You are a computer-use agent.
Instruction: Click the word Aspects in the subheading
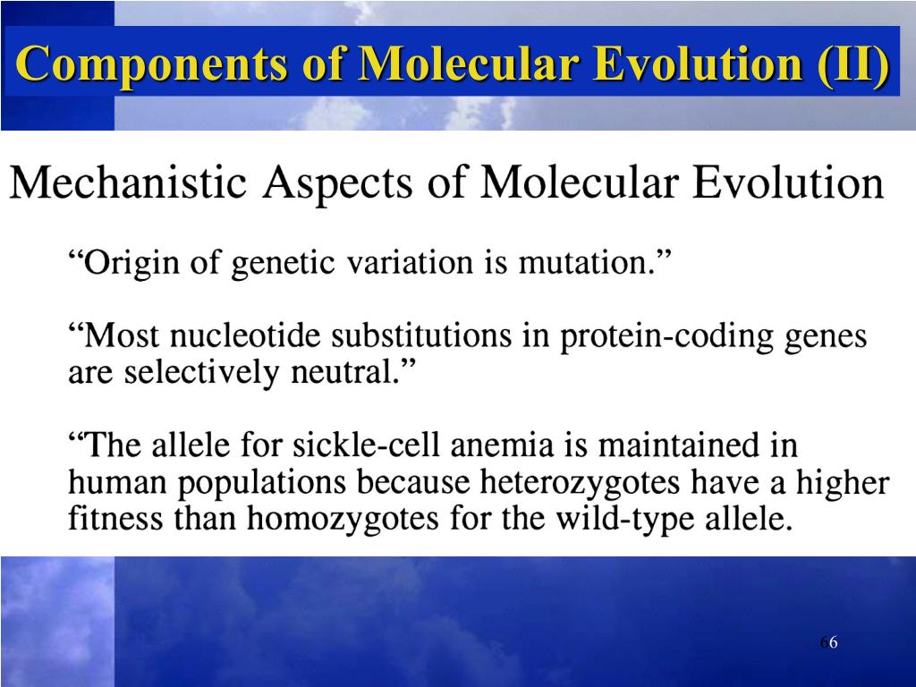click(x=339, y=184)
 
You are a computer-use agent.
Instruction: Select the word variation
click(x=411, y=264)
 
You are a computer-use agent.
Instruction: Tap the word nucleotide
click(x=247, y=337)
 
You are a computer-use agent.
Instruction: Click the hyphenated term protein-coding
click(x=666, y=338)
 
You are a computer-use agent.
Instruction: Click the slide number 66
click(x=827, y=644)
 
